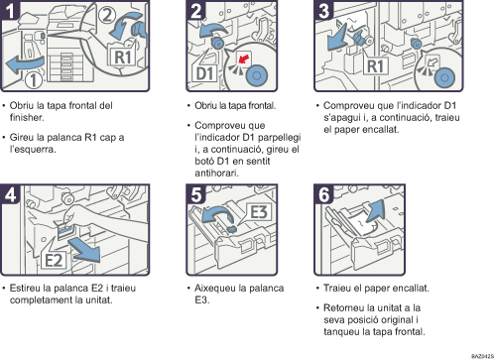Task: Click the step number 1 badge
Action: tap(10, 10)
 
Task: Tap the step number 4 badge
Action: tap(10, 194)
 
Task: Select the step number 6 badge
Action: tap(323, 194)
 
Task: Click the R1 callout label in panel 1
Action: tap(122, 57)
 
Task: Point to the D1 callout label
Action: tap(205, 73)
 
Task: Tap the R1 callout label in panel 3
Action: tap(376, 66)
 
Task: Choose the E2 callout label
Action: tap(54, 260)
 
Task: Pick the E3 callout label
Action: tap(259, 211)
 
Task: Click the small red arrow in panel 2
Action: tap(244, 59)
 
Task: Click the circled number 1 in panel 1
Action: tap(34, 80)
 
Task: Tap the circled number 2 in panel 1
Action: tap(107, 15)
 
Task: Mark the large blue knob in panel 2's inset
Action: tap(257, 75)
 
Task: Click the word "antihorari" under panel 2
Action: tap(216, 173)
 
